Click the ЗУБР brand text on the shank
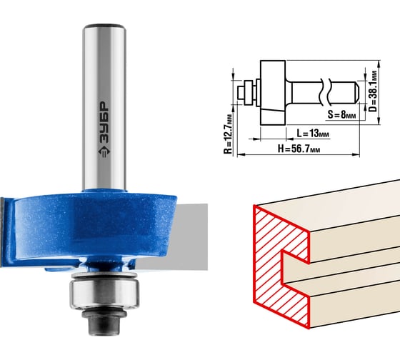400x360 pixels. tap(104, 122)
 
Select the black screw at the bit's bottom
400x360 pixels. tap(104, 322)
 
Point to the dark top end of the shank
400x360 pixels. tap(104, 26)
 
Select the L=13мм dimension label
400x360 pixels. tap(313, 133)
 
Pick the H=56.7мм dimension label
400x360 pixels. tap(299, 149)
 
